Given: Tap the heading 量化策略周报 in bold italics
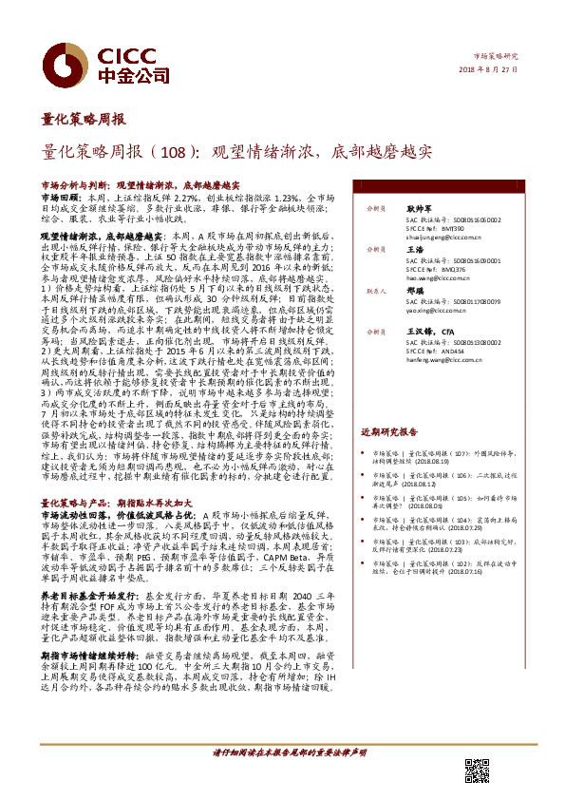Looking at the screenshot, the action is click(x=84, y=121).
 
